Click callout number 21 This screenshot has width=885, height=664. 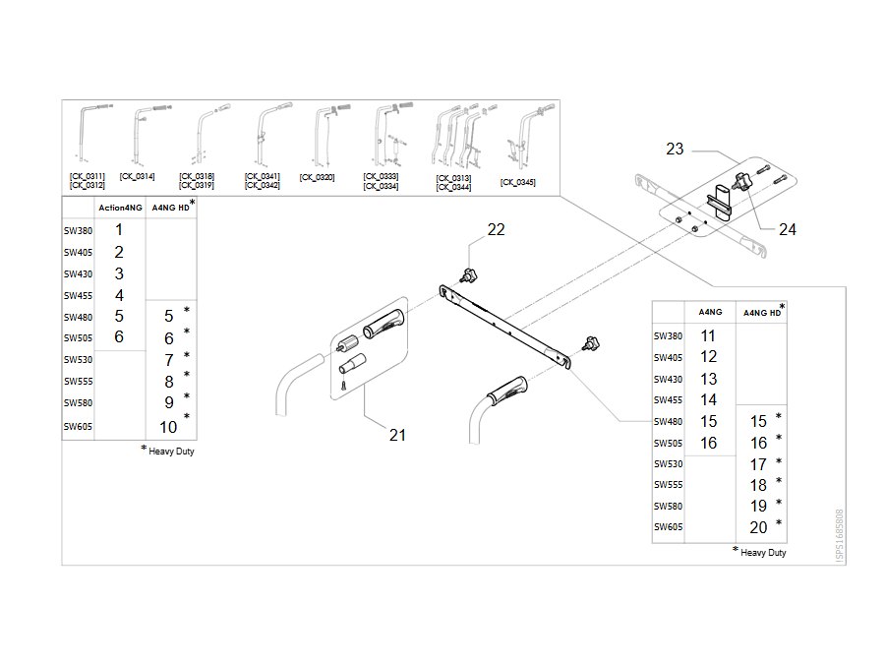click(397, 435)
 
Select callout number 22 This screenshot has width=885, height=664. click(497, 229)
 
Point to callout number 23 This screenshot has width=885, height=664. click(675, 149)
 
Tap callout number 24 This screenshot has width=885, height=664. click(788, 229)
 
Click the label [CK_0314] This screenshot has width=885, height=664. click(137, 177)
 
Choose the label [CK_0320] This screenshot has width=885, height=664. click(318, 177)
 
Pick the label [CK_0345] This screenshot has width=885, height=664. click(517, 182)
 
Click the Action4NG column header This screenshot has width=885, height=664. click(120, 208)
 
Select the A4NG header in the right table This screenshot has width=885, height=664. click(710, 312)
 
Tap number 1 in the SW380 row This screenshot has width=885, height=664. click(119, 230)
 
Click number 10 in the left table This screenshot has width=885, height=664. click(168, 427)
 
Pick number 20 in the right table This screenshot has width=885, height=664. click(758, 527)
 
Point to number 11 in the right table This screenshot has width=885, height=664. click(708, 336)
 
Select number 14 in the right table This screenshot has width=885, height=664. click(708, 399)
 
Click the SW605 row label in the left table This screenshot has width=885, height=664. click(78, 427)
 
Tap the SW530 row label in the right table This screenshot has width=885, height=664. click(669, 464)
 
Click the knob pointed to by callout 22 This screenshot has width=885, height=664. click(469, 276)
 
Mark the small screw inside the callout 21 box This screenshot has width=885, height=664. click(342, 386)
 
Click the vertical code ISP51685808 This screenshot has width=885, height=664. click(840, 536)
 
